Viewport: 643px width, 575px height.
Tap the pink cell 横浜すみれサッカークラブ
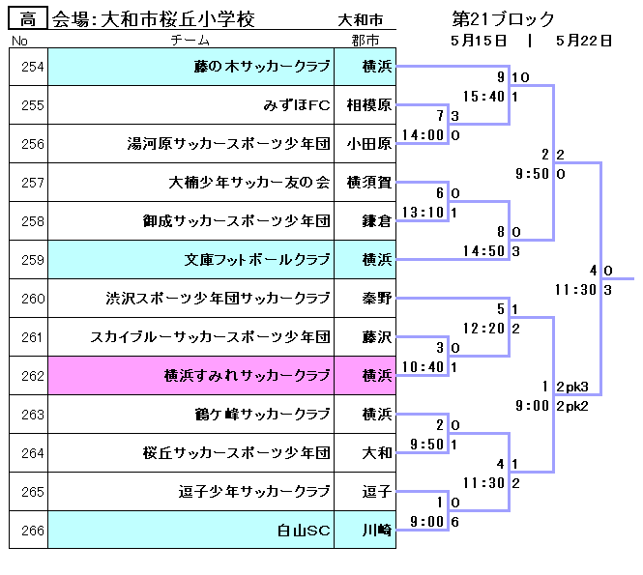pyautogui.click(x=248, y=376)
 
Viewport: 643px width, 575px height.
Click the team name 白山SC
pyautogui.click(x=305, y=531)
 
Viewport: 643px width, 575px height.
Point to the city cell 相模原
pyautogui.click(x=369, y=105)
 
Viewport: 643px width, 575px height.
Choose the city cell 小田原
pyautogui.click(x=369, y=144)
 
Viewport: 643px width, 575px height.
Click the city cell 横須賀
pyautogui.click(x=369, y=183)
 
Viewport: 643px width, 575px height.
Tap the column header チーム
pyautogui.click(x=190, y=41)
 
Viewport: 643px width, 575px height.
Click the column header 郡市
pyautogui.click(x=365, y=41)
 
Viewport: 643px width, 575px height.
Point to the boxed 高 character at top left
pyautogui.click(x=28, y=18)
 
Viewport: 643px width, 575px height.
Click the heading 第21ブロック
pyautogui.click(x=503, y=18)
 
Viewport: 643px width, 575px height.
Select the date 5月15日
pyautogui.click(x=479, y=41)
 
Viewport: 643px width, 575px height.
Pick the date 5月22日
pyautogui.click(x=584, y=41)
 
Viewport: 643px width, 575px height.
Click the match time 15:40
pyautogui.click(x=484, y=97)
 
